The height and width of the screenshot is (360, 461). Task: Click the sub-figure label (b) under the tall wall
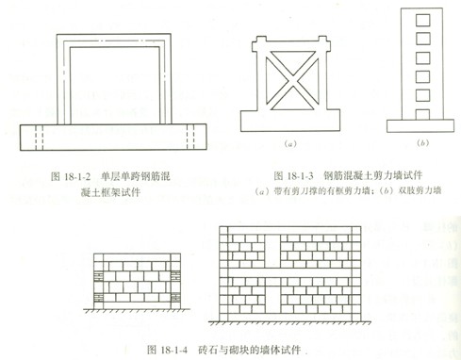(421, 144)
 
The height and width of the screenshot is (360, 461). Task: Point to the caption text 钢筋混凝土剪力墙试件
(370, 175)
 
